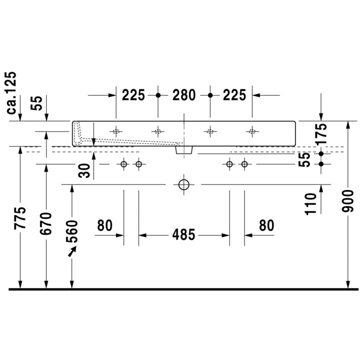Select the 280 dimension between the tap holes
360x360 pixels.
184,94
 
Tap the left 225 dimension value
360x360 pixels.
133,94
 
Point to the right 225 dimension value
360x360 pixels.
234,94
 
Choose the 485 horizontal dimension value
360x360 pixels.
184,234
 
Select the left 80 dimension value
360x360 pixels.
104,226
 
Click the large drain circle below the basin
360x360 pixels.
183,184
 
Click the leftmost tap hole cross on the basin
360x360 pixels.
116,132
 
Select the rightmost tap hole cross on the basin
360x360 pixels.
252,132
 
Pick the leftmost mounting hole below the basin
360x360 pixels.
124,164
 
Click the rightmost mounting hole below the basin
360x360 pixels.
244,164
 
